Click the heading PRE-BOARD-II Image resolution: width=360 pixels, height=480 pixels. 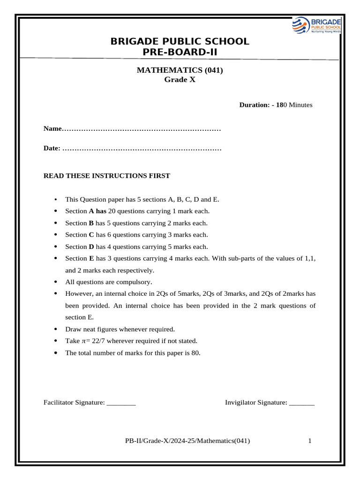(180, 52)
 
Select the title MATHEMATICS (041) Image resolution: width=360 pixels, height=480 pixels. (180, 70)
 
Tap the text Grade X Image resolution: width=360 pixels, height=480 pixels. (180, 80)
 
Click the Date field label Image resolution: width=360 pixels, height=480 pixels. (52, 148)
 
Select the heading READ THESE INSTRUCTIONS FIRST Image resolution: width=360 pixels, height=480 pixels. (107, 176)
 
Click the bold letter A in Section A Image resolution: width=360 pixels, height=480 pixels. (91, 211)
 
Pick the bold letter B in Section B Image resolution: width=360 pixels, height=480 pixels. (91, 223)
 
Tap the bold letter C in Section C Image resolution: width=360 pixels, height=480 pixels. (91, 235)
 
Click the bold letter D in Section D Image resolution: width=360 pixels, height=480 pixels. (91, 247)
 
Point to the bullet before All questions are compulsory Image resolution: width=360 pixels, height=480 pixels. (56, 282)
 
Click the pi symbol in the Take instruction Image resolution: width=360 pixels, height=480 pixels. (84, 341)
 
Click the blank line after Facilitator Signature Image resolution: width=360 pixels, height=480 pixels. (121, 403)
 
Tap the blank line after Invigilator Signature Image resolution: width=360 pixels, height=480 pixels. (301, 403)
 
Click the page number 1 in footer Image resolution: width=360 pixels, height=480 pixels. (310, 441)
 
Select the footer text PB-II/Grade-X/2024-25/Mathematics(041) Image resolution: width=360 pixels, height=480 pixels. (187, 441)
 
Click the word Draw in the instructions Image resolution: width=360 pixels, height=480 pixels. (73, 329)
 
